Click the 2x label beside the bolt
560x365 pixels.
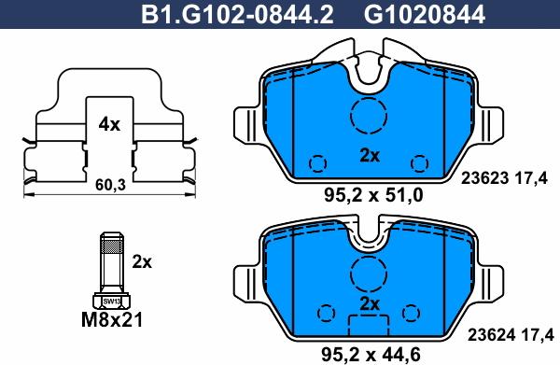click(x=142, y=262)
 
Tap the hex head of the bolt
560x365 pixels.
click(x=111, y=301)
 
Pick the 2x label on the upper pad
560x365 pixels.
click(x=370, y=156)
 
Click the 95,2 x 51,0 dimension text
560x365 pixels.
click(x=371, y=196)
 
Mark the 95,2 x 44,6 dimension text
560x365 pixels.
click(x=371, y=353)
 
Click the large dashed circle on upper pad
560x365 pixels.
click(x=368, y=116)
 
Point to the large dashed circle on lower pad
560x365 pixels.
click(x=368, y=274)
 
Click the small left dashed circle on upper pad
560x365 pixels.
click(x=318, y=163)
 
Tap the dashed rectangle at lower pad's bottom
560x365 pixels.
click(x=368, y=327)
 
